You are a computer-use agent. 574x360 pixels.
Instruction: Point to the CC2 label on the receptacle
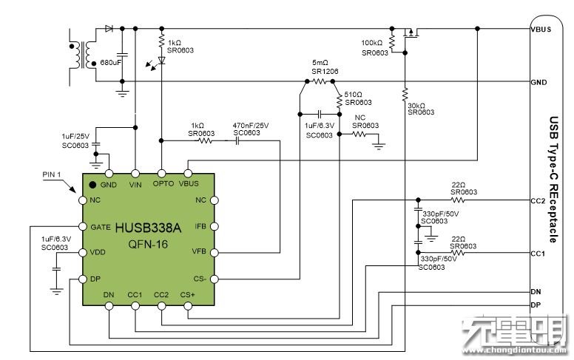538,200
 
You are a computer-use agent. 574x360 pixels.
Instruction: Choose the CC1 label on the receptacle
538,254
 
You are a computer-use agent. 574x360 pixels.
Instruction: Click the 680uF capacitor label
111,62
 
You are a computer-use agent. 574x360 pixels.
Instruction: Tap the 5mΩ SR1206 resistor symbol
319,81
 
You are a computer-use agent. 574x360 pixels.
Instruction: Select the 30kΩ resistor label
419,105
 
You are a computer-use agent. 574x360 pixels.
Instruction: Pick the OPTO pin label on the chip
163,183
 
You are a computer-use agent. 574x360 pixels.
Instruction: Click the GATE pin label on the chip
100,226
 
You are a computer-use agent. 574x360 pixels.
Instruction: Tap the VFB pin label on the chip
200,252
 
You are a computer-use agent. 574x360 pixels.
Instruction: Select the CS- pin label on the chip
200,279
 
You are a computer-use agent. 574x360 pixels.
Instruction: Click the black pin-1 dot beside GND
92,184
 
